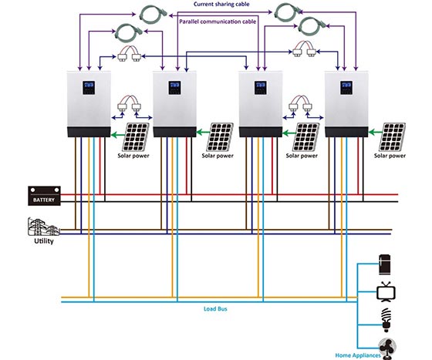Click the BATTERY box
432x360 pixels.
(44, 196)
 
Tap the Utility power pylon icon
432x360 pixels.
(43, 227)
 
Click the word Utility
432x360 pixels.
(44, 241)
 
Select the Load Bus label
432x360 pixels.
(215, 309)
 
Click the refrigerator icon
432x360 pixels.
(385, 264)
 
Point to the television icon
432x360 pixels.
(386, 291)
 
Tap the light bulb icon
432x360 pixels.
(386, 319)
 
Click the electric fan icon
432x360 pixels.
(387, 348)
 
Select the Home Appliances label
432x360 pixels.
(358, 355)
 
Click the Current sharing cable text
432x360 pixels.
(221, 4)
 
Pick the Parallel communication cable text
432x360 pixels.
(218, 22)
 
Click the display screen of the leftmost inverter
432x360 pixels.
(89, 88)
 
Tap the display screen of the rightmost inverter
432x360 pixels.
(346, 88)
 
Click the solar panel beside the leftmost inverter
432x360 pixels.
(136, 137)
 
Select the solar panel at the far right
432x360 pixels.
(392, 137)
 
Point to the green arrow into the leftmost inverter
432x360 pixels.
(117, 135)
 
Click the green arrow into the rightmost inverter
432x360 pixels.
(375, 133)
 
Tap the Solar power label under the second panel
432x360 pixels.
(218, 156)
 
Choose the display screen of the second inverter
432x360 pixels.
(174, 88)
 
